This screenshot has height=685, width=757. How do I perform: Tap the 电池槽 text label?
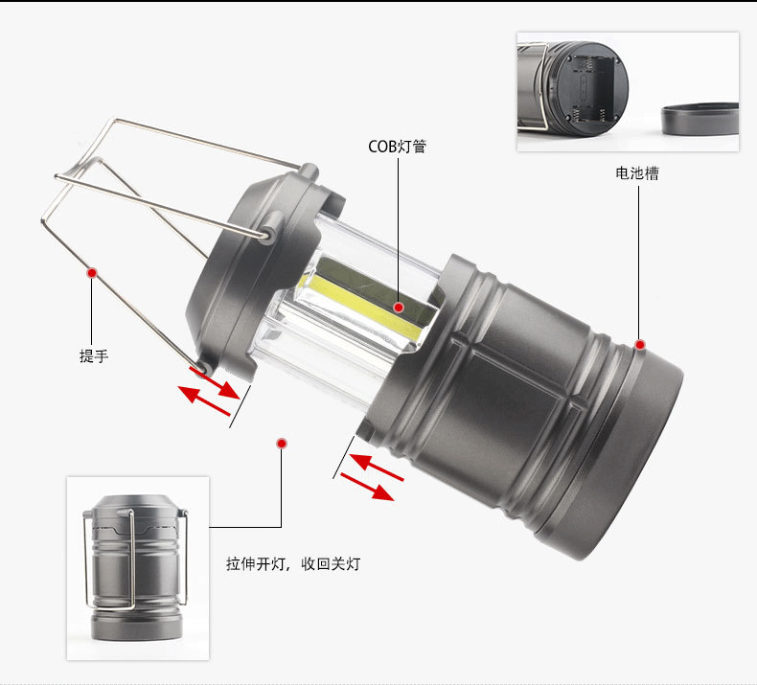pyautogui.click(x=637, y=173)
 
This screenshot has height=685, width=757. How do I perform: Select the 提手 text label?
pyautogui.click(x=94, y=356)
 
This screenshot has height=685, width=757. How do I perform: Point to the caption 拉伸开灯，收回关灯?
pyautogui.click(x=293, y=564)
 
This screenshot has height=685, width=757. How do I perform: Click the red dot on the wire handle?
pyautogui.click(x=92, y=273)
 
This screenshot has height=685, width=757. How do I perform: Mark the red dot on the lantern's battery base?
pyautogui.click(x=640, y=345)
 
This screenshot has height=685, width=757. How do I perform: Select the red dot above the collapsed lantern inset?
pyautogui.click(x=282, y=443)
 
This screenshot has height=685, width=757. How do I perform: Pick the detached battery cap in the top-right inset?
pyautogui.click(x=700, y=120)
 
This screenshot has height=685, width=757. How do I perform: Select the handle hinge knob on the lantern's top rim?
pyautogui.click(x=309, y=172)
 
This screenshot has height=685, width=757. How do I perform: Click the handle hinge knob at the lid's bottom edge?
pyautogui.click(x=202, y=362)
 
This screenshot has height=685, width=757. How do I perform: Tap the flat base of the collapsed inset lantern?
pyautogui.click(x=137, y=632)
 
